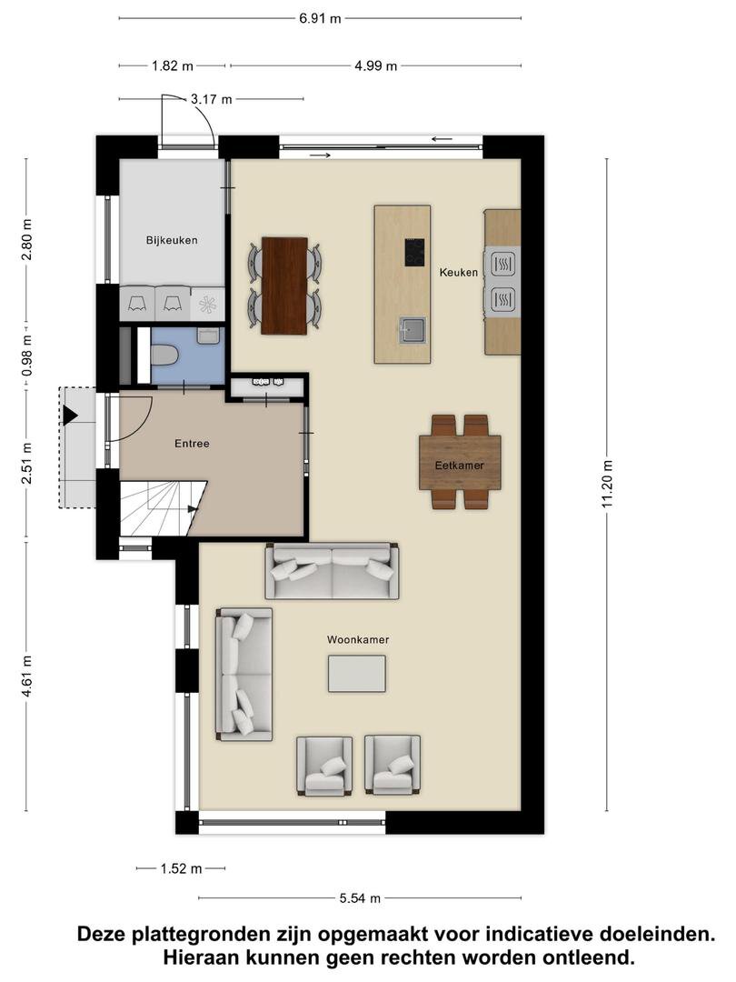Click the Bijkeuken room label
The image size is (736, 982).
pos(172,240)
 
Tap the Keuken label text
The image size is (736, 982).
pos(459,272)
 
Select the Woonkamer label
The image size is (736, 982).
pos(358,639)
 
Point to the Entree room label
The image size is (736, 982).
pos(192,444)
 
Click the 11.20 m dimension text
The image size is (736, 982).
pos(606,484)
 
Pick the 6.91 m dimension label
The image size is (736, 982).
pos(320,18)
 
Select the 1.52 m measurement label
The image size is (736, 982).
pos(182,868)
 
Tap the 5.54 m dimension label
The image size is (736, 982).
pos(360,898)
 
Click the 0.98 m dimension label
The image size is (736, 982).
pos(26,356)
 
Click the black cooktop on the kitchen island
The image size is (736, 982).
pos(414,253)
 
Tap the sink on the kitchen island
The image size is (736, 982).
pos(413,330)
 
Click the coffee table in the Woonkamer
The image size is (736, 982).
pos(357,674)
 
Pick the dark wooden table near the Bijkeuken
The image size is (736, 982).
pos(284,286)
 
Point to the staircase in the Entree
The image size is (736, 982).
pos(162,508)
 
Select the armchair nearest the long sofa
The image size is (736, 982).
pos(323,766)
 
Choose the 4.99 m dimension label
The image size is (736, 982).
pos(376,65)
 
